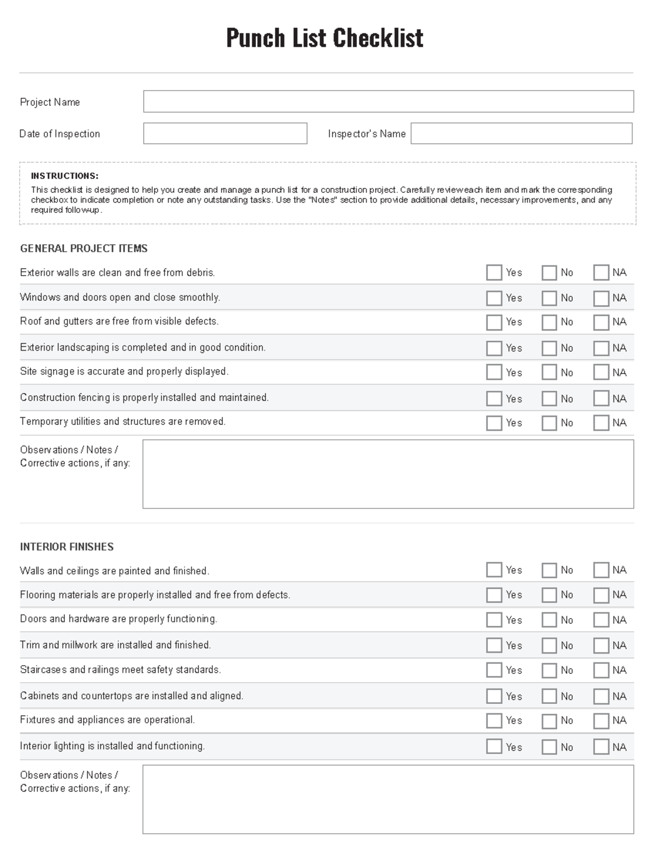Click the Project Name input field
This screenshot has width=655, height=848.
[388, 102]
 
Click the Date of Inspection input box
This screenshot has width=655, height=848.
[225, 133]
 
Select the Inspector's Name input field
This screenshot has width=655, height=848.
[521, 133]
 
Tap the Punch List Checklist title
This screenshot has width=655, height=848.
[325, 38]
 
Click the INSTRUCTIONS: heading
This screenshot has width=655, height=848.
[64, 176]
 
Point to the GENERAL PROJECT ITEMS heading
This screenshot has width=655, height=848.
[84, 248]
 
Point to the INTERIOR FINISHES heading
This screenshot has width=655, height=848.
[67, 547]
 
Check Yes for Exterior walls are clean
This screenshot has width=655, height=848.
[494, 272]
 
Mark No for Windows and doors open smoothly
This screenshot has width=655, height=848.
[549, 298]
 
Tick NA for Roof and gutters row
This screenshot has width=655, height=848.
[601, 322]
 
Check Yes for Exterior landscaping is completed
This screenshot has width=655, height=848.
[494, 348]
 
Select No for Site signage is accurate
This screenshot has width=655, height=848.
[549, 372]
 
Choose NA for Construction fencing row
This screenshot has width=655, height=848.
[601, 399]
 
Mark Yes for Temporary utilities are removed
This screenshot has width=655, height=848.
[494, 423]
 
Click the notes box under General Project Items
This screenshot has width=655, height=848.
[388, 474]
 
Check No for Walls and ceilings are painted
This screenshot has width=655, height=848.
[549, 571]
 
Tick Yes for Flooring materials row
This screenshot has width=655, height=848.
[494, 595]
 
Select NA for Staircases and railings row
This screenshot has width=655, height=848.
[601, 670]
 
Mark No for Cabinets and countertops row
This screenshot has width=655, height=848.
[549, 696]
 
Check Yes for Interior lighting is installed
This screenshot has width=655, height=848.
[494, 746]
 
